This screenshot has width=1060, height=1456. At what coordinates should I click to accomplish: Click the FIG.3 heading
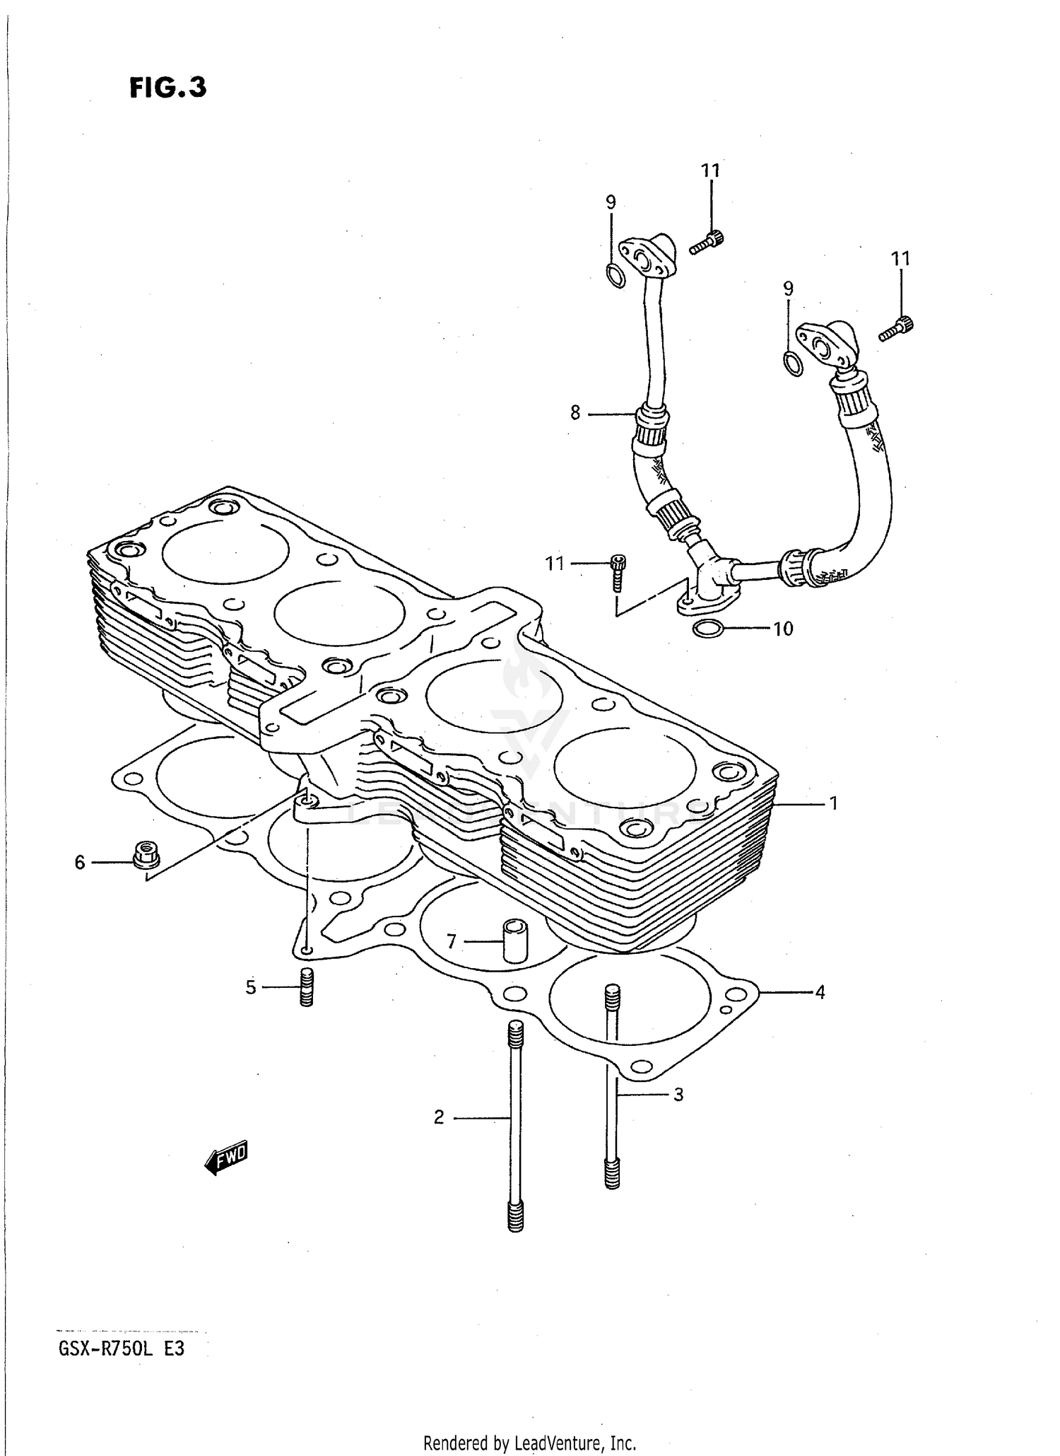click(x=168, y=88)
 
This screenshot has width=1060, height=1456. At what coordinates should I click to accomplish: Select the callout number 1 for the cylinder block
click(x=833, y=803)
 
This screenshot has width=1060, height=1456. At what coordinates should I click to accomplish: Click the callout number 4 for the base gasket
click(x=820, y=992)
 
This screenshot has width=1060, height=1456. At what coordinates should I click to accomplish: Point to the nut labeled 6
click(x=146, y=856)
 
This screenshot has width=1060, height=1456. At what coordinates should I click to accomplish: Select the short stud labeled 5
click(x=306, y=987)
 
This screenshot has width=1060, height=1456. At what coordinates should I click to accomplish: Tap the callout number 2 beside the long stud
click(x=439, y=1118)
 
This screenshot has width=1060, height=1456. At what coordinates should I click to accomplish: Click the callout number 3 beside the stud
click(x=678, y=1095)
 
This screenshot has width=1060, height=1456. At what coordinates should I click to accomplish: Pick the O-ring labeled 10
click(x=708, y=627)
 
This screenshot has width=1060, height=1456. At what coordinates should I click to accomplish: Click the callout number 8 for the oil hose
click(x=575, y=412)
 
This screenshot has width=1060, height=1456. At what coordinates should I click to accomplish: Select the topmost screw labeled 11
click(x=706, y=242)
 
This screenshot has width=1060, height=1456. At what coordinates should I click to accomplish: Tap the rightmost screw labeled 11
click(x=897, y=329)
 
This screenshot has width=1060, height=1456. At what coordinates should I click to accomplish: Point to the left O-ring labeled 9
click(x=615, y=275)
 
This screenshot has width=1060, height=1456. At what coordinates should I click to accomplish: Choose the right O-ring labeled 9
click(x=793, y=363)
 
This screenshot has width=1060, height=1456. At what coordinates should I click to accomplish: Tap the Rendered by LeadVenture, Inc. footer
click(x=529, y=1442)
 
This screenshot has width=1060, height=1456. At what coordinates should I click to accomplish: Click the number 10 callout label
click(x=783, y=629)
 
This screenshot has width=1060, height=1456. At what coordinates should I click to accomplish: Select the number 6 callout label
click(x=80, y=863)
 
